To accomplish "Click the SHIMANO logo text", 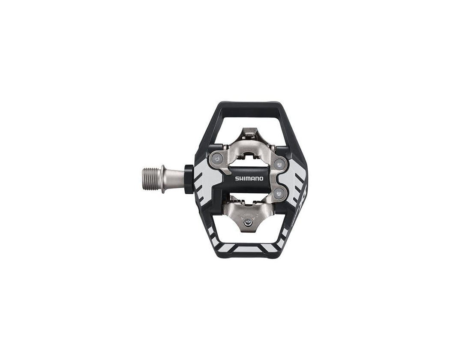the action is point(249,179).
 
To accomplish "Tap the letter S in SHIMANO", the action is point(237,179).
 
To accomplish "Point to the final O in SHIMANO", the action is point(261,179).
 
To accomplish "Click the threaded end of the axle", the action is point(152,179).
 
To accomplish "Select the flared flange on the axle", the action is point(163,179).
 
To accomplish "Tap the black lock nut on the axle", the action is point(189,179).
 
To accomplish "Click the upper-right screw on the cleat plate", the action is point(279,164).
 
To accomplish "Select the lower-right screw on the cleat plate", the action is point(279,193).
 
